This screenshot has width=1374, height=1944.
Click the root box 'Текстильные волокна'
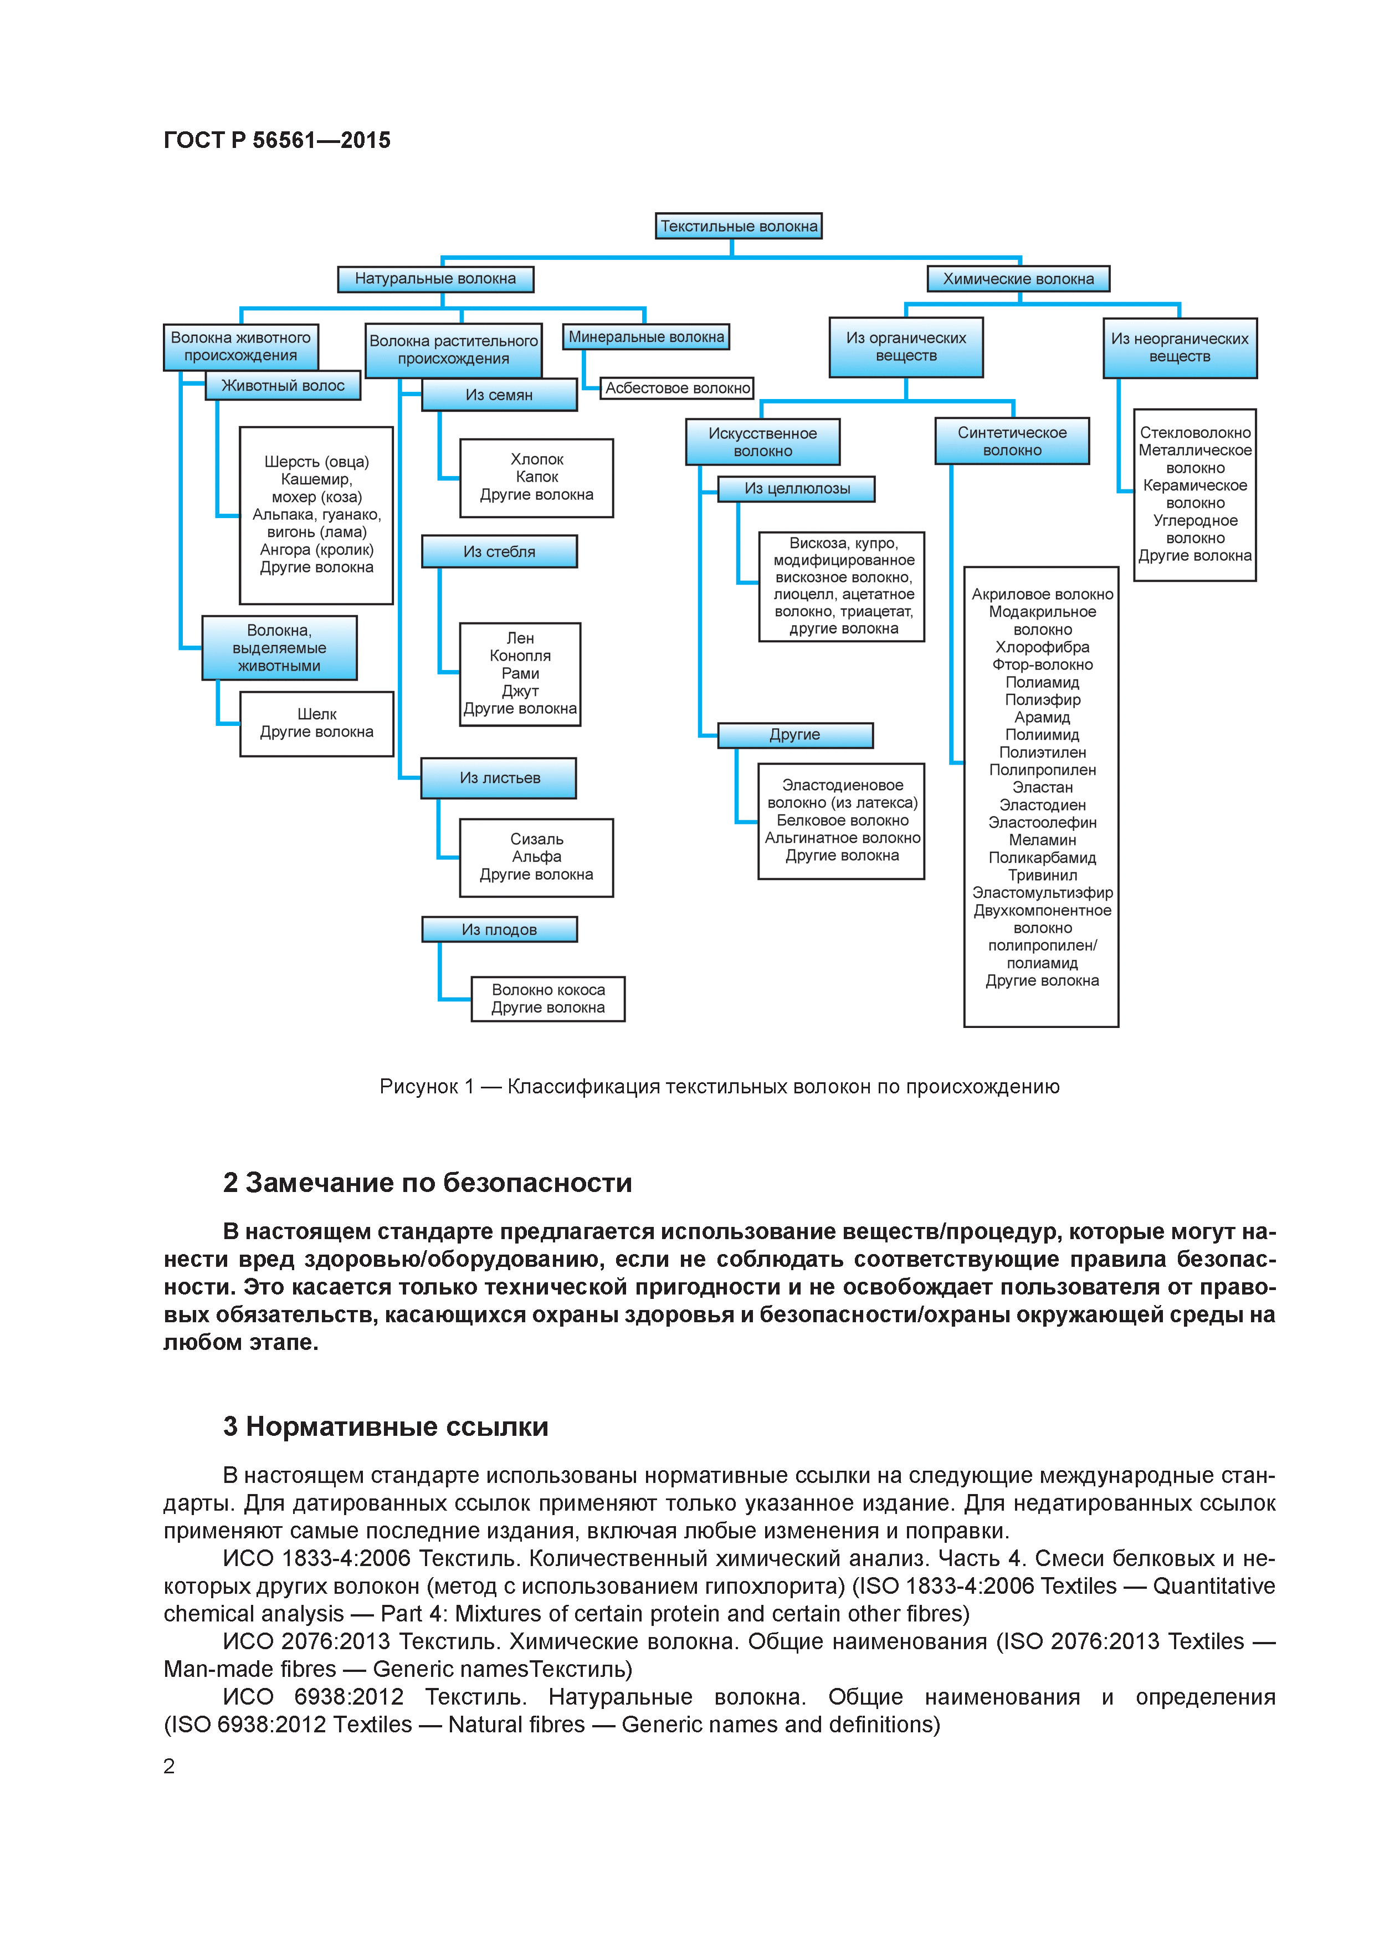[738, 226]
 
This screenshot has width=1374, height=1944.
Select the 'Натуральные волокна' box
[435, 279]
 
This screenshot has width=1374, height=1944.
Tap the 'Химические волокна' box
[1018, 279]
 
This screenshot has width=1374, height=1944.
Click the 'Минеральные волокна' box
[646, 337]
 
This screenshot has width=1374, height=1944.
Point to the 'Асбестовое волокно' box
[676, 388]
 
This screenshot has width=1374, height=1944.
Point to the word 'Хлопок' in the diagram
[537, 459]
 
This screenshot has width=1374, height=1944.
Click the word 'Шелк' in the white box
[316, 714]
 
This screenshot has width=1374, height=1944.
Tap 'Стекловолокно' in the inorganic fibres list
[1194, 433]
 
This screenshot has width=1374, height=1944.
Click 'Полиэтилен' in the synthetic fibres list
[1042, 752]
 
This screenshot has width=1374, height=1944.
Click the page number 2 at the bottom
[170, 1766]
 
